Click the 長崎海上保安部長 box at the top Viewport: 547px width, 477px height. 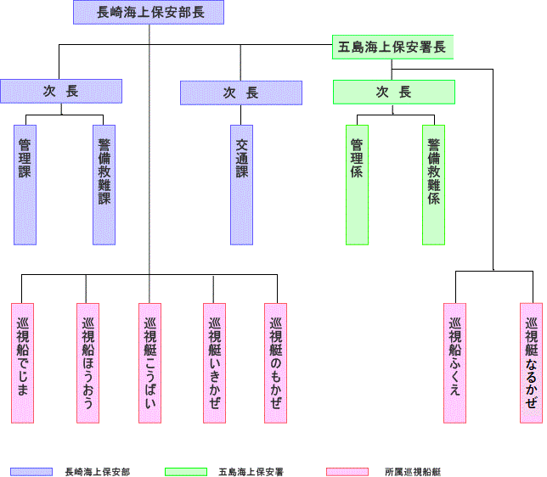(149, 12)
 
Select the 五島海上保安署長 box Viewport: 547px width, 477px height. (392, 47)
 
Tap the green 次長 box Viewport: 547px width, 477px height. (393, 92)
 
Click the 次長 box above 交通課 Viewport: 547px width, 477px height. (241, 93)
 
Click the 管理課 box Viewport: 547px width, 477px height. (25, 184)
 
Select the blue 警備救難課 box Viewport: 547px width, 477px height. (104, 184)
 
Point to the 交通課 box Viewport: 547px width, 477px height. (241, 184)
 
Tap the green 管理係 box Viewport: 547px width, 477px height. (357, 184)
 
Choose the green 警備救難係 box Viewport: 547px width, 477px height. (433, 184)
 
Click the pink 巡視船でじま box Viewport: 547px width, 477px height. (22, 362)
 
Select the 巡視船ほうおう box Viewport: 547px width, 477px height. (87, 362)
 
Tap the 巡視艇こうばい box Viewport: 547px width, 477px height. (149, 362)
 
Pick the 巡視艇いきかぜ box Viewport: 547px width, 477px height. (214, 362)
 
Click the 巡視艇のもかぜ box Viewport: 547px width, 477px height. (275, 362)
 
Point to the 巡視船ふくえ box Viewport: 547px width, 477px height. (454, 362)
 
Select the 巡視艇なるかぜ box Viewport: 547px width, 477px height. (531, 362)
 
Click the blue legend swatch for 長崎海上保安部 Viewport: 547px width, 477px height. (31, 471)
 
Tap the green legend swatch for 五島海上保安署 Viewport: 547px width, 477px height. (186, 471)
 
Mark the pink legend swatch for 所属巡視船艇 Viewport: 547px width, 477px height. (347, 471)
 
